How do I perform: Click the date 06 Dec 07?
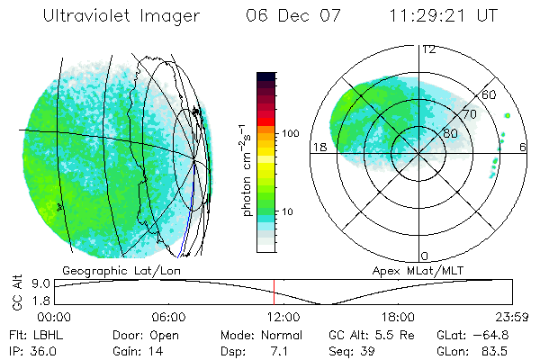pos(292,16)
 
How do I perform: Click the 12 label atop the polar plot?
pos(429,49)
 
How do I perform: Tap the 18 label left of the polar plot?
pos(319,146)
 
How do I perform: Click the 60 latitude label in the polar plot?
pos(490,94)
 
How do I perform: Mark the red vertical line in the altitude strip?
pos(274,292)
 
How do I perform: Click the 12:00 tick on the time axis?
pos(283,317)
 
